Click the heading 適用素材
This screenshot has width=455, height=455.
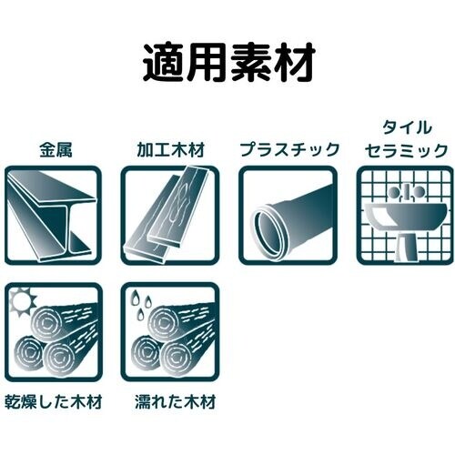tap(227, 63)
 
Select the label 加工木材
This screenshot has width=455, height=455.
tap(169, 149)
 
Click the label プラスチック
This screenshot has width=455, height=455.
tap(288, 149)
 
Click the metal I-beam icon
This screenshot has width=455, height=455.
tap(52, 215)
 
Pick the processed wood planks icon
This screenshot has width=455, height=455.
tap(169, 215)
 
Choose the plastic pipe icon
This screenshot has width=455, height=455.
tap(288, 215)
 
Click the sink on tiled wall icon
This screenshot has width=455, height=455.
tap(405, 215)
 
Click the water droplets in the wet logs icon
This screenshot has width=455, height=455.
tap(138, 300)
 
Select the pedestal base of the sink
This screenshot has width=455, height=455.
tap(406, 242)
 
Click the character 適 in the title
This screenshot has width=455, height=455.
tap(162, 63)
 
